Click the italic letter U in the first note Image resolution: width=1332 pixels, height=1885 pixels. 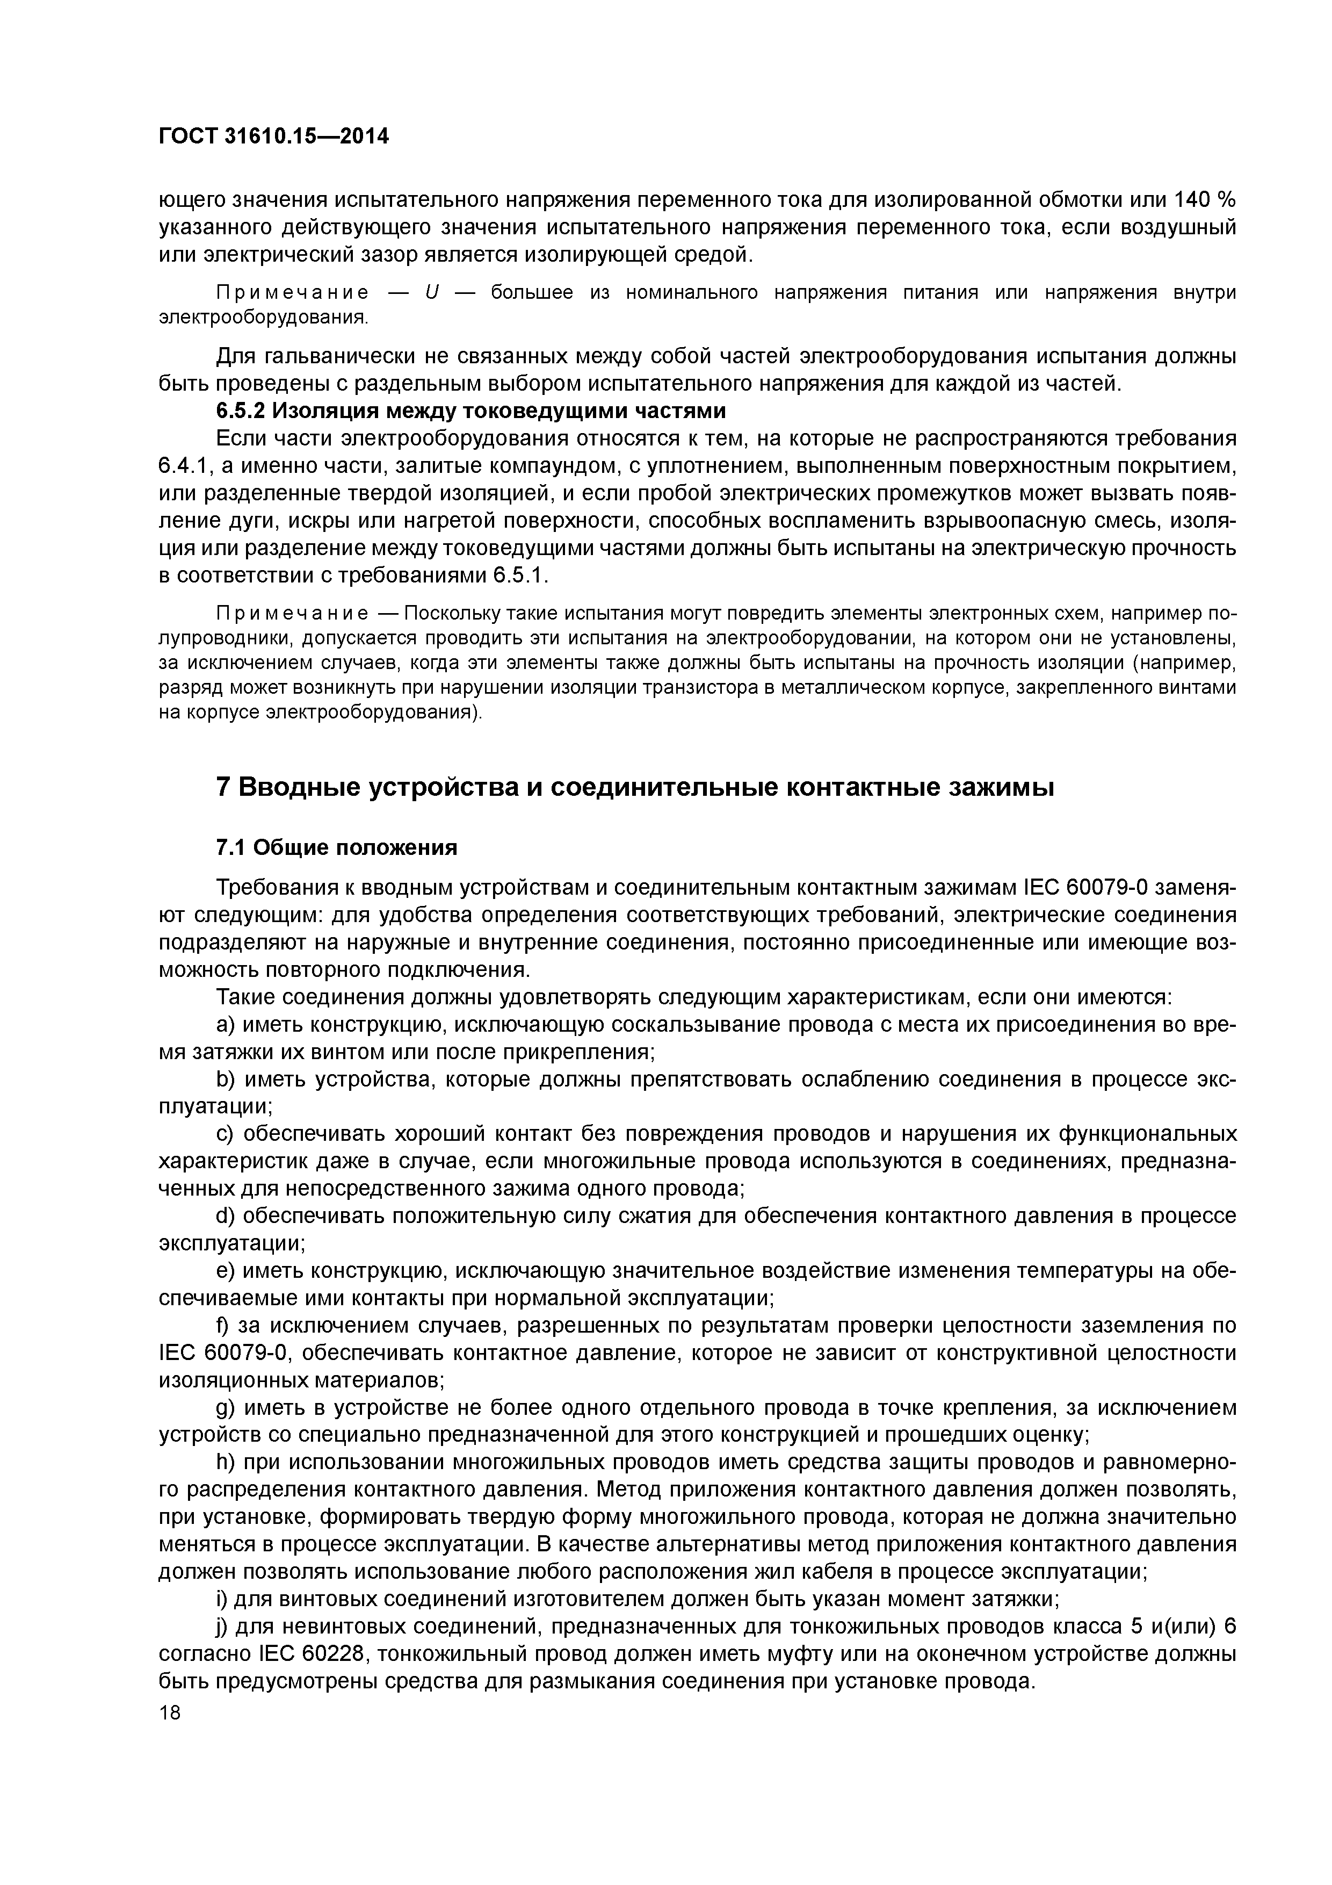click(x=431, y=293)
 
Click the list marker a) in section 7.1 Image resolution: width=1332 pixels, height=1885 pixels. click(x=226, y=1025)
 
